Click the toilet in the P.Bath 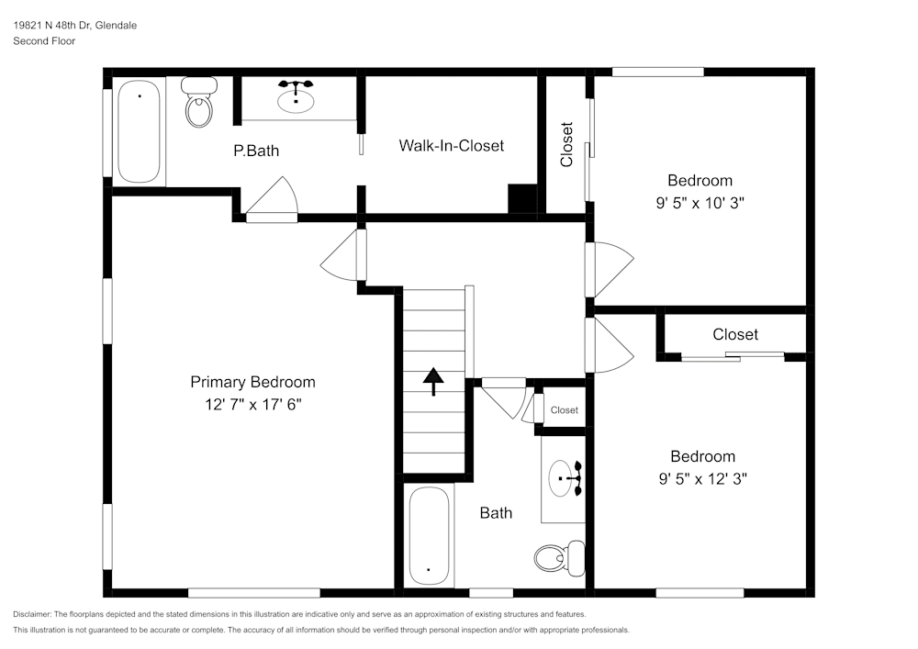(x=198, y=103)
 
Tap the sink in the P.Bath (x=296, y=97)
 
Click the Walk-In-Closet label (x=451, y=146)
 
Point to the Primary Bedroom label (x=252, y=382)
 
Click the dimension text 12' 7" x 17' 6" (x=252, y=404)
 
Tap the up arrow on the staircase (x=433, y=380)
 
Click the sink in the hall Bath (x=565, y=478)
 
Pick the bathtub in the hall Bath (x=428, y=535)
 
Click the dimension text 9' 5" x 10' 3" (x=700, y=203)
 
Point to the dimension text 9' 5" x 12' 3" (x=702, y=478)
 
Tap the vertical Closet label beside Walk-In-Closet (x=566, y=144)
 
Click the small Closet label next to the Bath (x=565, y=410)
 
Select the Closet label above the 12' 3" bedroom (x=735, y=334)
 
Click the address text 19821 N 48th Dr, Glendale (x=75, y=26)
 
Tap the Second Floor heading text (x=44, y=41)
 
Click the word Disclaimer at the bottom (x=32, y=614)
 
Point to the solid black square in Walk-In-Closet (x=522, y=198)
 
